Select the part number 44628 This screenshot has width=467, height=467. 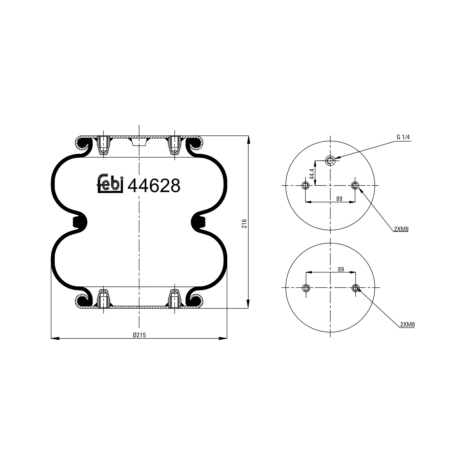click(154, 186)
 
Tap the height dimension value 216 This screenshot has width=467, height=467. click(244, 224)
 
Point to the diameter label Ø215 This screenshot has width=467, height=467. click(139, 335)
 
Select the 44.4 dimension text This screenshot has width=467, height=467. click(312, 173)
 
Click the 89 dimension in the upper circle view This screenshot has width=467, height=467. click(339, 199)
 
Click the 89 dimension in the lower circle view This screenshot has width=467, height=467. click(341, 269)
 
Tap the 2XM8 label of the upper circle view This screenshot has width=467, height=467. click(401, 229)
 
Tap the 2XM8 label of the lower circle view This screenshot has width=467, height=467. click(408, 324)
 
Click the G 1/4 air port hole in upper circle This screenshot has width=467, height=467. click(330, 161)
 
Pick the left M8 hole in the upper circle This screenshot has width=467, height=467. click(305, 186)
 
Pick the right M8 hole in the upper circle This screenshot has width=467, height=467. click(355, 186)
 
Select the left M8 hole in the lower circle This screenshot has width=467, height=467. click(306, 288)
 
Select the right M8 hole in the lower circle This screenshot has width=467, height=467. click(356, 288)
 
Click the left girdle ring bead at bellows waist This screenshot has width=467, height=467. click(79, 222)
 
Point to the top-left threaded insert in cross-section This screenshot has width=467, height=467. click(103, 146)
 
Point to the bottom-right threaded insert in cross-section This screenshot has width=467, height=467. click(175, 299)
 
